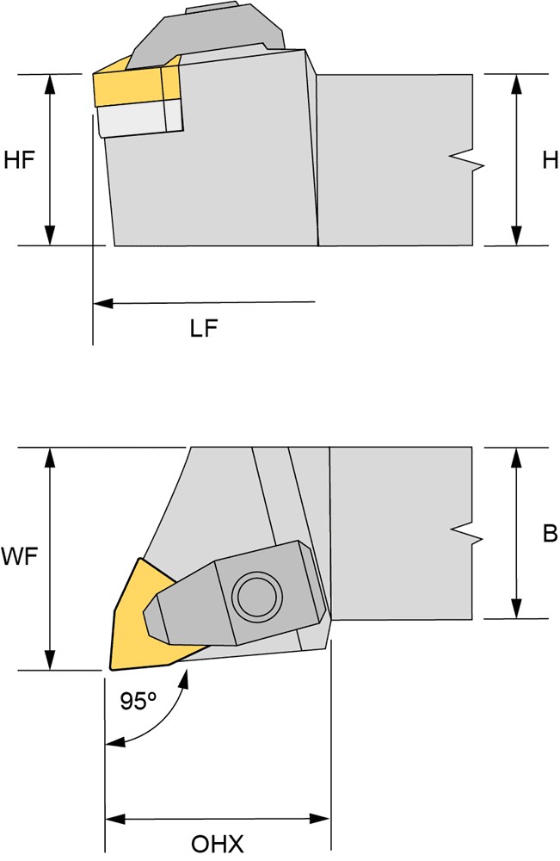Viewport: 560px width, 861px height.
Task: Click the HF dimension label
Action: tap(19, 160)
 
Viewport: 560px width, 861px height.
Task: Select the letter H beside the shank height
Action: tap(550, 160)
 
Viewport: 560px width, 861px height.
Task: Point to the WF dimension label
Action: tap(19, 557)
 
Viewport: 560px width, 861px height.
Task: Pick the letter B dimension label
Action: tap(550, 533)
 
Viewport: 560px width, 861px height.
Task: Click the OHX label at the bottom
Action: tap(217, 844)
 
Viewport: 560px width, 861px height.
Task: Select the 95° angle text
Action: tap(138, 701)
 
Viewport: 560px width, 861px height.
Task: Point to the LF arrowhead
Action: tap(103, 302)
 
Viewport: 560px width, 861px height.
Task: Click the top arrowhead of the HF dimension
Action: tap(50, 84)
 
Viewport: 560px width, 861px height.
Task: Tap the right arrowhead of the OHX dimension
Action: tap(320, 820)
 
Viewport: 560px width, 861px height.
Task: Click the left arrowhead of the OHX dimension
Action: tap(115, 820)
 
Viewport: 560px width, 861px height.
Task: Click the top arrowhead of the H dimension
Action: tap(515, 84)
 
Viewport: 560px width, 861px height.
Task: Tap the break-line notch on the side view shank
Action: tap(467, 160)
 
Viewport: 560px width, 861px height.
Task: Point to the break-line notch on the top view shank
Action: tap(467, 535)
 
